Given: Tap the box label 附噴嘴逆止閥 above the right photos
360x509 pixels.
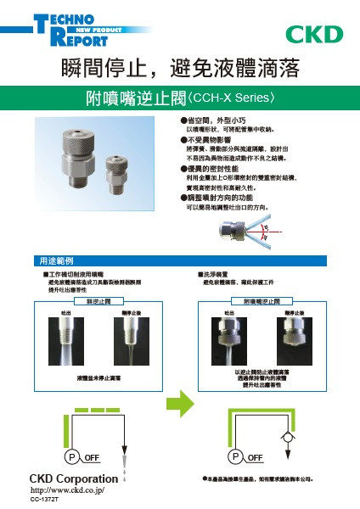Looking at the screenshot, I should [262, 301].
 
